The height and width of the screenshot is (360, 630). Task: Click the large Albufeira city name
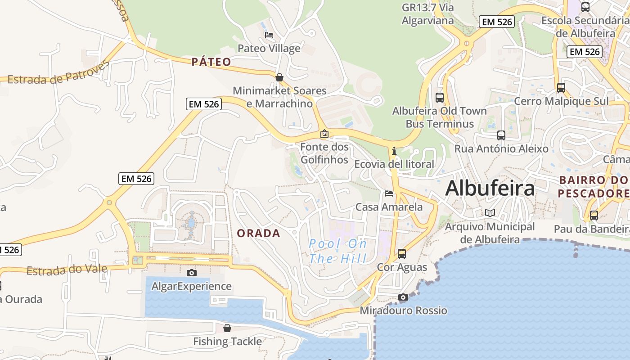490,188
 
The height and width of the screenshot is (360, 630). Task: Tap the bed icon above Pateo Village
269,35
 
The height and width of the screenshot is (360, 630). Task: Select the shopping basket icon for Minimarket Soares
279,77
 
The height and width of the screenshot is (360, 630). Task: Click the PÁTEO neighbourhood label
211,62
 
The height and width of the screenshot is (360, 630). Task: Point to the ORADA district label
258,233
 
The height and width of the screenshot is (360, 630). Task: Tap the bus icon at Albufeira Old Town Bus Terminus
440,97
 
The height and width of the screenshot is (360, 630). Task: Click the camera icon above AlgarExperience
192,273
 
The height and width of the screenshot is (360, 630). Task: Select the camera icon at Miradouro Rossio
403,297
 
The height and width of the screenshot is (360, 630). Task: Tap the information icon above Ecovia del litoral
394,151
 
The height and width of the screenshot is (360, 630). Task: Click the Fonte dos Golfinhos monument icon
324,134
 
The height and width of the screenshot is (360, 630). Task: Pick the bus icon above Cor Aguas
402,254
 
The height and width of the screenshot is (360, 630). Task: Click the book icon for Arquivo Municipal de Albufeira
490,213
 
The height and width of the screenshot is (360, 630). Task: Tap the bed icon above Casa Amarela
389,193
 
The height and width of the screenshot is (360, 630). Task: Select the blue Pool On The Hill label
337,251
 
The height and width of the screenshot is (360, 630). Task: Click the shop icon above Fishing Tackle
227,328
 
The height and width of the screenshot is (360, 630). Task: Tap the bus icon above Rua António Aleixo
501,135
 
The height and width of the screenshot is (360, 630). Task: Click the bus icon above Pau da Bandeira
594,215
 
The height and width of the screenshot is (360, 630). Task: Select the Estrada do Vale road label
67,270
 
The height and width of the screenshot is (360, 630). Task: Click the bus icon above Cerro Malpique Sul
561,87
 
